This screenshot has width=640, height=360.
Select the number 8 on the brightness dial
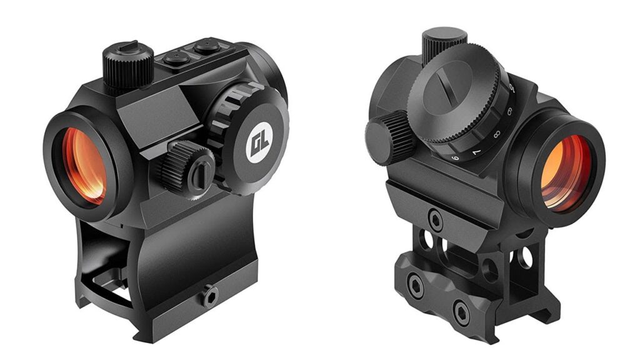[x=496, y=134]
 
